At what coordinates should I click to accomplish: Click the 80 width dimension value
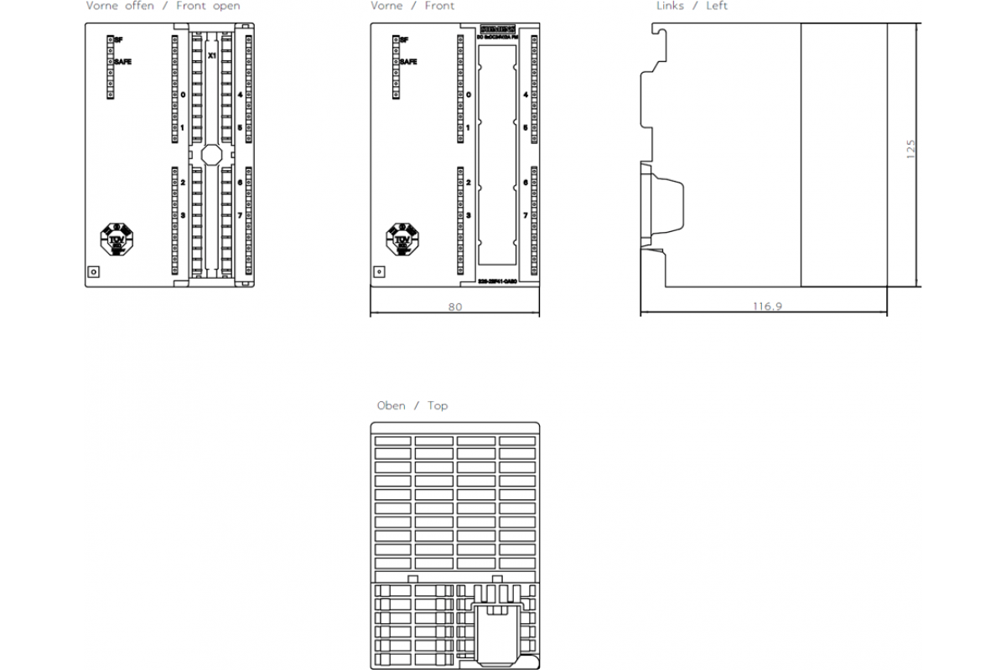point(454,307)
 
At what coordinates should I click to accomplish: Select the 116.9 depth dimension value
point(766,307)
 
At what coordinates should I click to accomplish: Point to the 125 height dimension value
point(911,149)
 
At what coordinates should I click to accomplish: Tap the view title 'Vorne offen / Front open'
point(163,6)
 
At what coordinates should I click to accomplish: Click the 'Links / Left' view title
point(692,6)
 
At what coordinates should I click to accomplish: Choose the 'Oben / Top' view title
point(412,405)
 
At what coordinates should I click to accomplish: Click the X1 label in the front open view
point(212,55)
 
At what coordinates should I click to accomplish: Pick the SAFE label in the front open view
point(122,62)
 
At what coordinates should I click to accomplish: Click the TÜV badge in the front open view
point(117,239)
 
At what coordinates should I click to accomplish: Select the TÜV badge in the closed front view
point(402,239)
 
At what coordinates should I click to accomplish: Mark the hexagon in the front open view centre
point(211,155)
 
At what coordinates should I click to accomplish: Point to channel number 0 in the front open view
point(183,95)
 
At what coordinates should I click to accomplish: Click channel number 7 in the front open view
point(240,215)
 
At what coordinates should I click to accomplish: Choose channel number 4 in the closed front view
point(526,95)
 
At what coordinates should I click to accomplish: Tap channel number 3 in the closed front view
point(468,215)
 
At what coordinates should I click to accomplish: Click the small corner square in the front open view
point(94,271)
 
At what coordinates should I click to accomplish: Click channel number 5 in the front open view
point(240,128)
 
